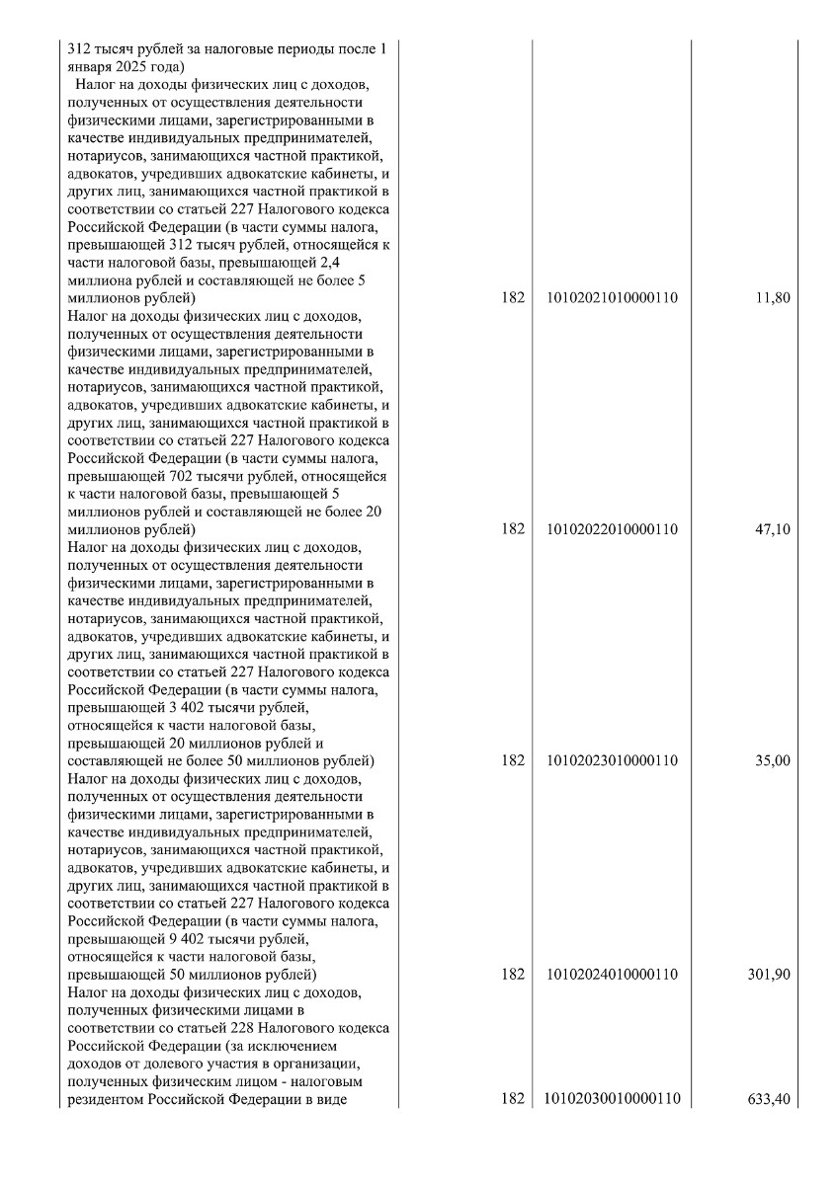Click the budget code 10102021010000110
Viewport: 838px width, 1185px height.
[612, 297]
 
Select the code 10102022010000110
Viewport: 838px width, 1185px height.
[612, 529]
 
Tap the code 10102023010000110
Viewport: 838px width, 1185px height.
[612, 761]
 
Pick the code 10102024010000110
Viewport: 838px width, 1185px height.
[612, 975]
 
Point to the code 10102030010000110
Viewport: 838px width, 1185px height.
[613, 1099]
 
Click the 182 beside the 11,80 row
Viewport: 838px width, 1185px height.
[512, 297]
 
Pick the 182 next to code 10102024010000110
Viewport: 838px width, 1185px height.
[512, 975]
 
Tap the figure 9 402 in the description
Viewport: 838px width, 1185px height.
[176, 939]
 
